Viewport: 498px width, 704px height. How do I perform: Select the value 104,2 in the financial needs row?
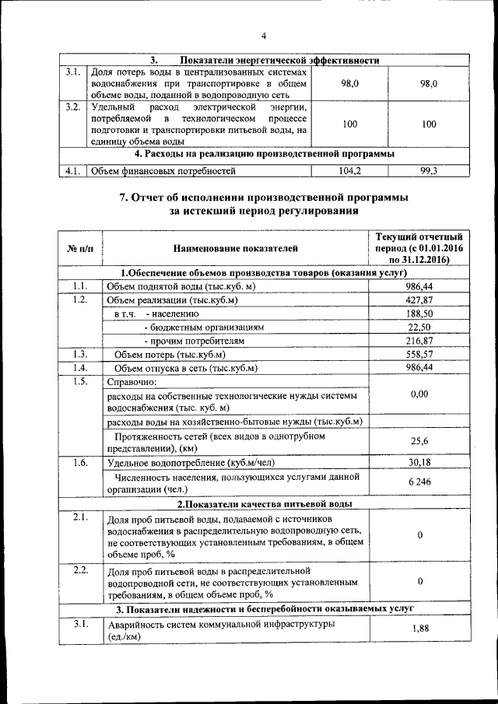(x=350, y=170)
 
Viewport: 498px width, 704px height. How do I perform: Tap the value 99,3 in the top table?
(x=430, y=170)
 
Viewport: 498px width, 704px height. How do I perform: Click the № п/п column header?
(x=80, y=249)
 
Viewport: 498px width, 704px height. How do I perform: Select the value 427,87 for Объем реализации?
(x=419, y=300)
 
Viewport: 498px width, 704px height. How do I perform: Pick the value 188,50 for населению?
(x=419, y=313)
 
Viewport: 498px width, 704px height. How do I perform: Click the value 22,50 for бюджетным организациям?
(x=419, y=327)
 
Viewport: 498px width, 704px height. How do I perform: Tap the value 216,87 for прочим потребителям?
(x=419, y=341)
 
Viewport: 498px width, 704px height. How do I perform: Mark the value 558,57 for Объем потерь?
(x=419, y=355)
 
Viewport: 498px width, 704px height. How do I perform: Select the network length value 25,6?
(x=419, y=441)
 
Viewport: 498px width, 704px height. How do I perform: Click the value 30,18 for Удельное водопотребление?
(x=419, y=462)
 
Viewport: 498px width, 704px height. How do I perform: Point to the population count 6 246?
(x=419, y=483)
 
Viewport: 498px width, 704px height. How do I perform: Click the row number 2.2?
(x=80, y=570)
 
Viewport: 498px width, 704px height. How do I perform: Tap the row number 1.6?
(x=80, y=462)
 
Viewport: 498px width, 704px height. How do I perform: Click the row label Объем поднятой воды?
(x=181, y=287)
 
